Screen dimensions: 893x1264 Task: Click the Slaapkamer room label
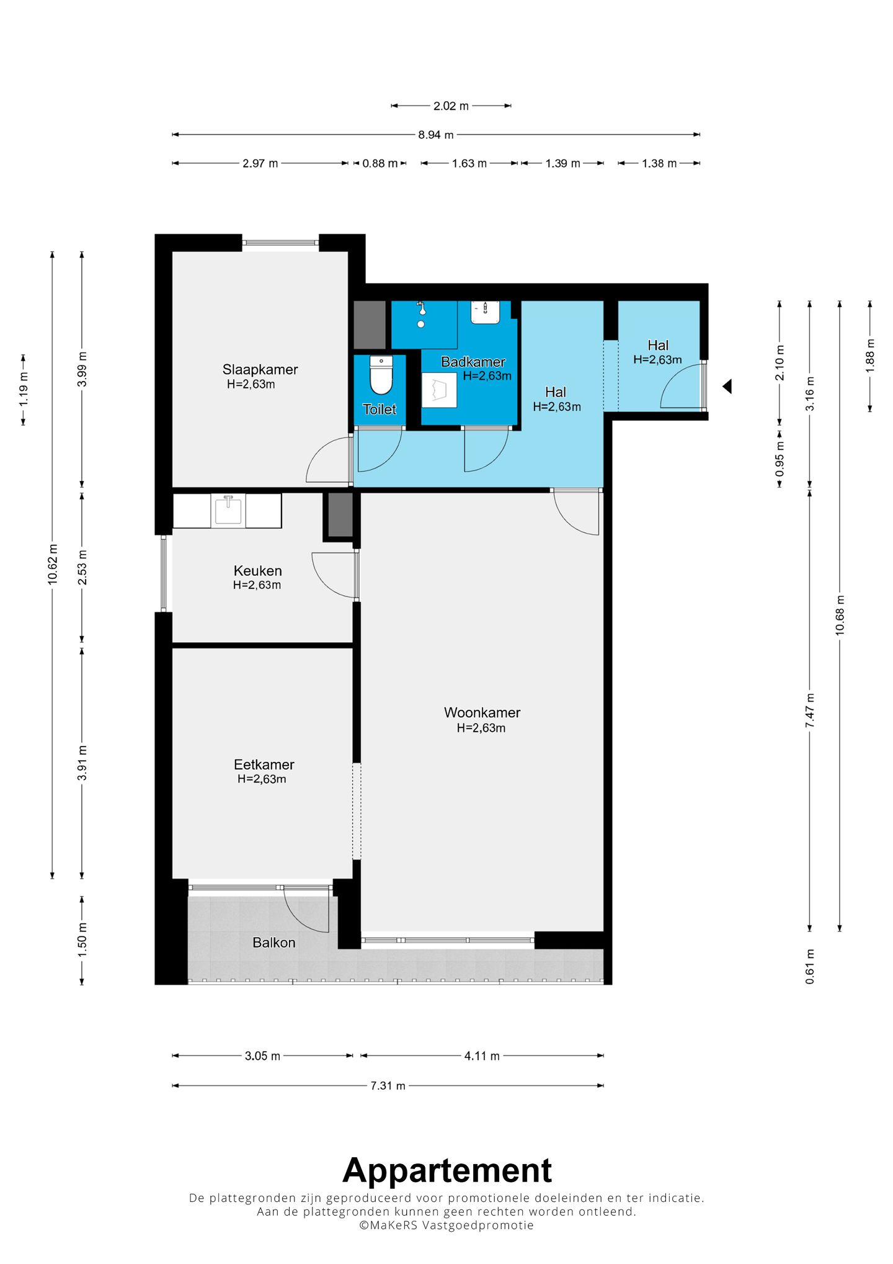coord(260,369)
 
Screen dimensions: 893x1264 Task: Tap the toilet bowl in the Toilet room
coord(381,375)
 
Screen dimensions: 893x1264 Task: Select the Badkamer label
coord(473,362)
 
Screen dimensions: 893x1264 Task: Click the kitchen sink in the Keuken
coord(228,510)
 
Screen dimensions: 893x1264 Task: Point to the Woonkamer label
coord(482,712)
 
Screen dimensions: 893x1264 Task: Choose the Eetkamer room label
coord(264,764)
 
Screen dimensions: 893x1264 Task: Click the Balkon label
coord(273,943)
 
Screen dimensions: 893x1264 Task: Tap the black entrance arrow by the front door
coord(727,386)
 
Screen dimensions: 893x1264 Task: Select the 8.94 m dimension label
coord(435,135)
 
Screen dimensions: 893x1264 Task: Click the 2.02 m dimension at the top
coord(451,106)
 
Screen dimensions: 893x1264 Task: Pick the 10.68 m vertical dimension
coord(840,614)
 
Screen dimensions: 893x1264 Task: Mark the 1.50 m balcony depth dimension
coord(82,939)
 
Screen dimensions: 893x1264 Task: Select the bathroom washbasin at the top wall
coord(485,312)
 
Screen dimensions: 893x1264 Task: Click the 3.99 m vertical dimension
coord(82,369)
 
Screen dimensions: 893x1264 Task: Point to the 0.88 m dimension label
coord(380,164)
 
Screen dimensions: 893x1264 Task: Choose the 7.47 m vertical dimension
coord(810,710)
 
